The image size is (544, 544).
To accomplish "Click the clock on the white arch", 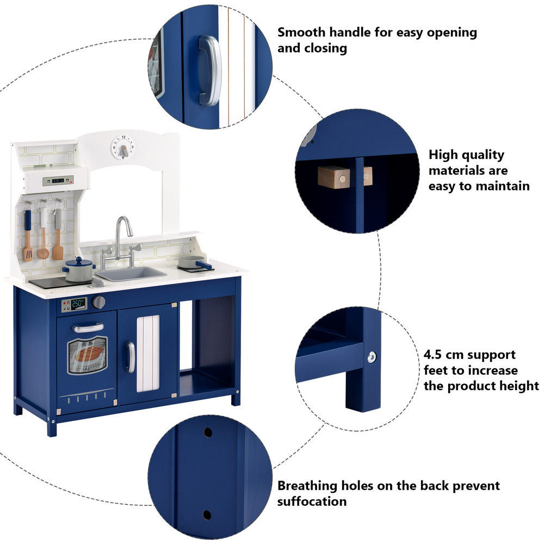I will tap(123, 147).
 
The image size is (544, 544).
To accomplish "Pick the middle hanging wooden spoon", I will tap(42, 234).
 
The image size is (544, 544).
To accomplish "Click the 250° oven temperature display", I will tap(79, 304).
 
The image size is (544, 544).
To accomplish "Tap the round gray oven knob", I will tap(99, 302).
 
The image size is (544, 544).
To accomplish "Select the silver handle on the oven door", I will tap(88, 327).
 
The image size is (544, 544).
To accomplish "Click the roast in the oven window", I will tap(88, 354).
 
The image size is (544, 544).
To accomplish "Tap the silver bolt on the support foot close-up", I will tap(372, 357).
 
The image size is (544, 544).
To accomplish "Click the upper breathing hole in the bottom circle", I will tap(207, 432).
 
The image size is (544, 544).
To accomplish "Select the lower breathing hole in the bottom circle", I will tap(207, 514).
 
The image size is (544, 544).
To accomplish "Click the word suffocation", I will tap(312, 500).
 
